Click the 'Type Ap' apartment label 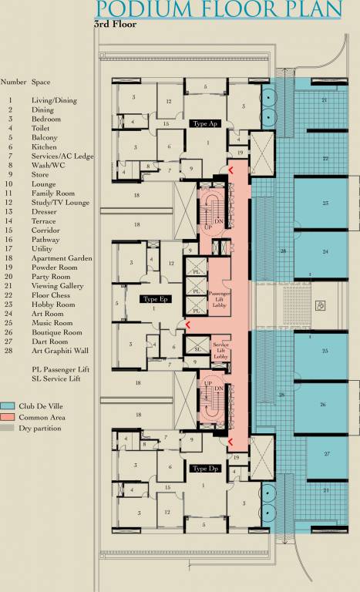(x=204, y=123)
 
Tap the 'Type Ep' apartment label (x=154, y=298)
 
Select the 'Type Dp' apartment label (x=204, y=468)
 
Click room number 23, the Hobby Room (x=325, y=203)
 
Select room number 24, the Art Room (x=325, y=252)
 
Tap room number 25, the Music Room (x=325, y=351)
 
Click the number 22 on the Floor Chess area (x=325, y=158)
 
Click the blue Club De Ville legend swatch (x=8, y=405)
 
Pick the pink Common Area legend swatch (x=8, y=415)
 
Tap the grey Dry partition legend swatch (x=8, y=426)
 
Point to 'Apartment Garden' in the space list (x=62, y=258)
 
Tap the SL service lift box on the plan (x=197, y=348)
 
